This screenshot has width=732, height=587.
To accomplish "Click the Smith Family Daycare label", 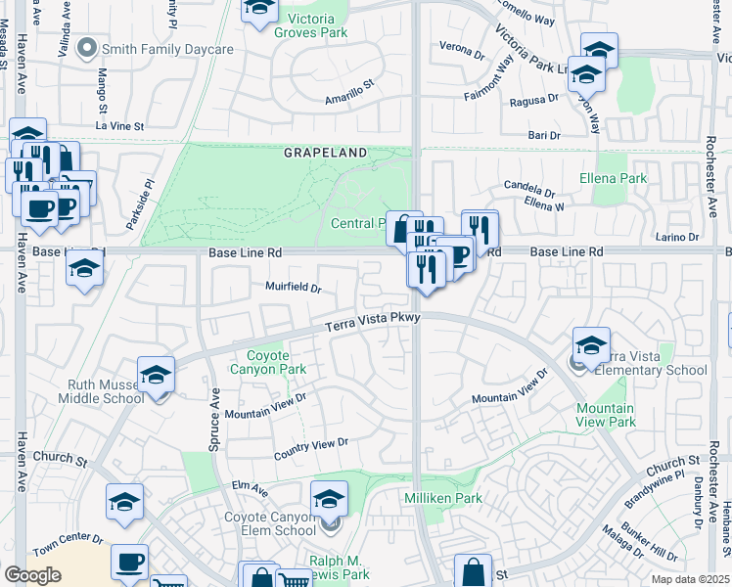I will [x=167, y=49].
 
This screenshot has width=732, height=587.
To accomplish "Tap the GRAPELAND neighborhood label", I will [x=326, y=154].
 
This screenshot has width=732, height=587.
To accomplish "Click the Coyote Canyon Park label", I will [x=267, y=362].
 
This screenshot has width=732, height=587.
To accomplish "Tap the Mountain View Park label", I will [x=606, y=415].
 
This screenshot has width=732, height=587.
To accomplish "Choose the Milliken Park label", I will [x=443, y=498].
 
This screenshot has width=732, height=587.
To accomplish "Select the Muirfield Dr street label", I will [x=294, y=288].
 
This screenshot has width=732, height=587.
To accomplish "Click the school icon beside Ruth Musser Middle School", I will [x=155, y=376].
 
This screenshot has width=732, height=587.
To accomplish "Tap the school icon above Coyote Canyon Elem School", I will [x=330, y=499].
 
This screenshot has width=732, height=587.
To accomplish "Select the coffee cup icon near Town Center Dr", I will [x=129, y=563].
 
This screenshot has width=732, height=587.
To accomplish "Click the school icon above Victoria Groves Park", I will [x=259, y=8].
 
